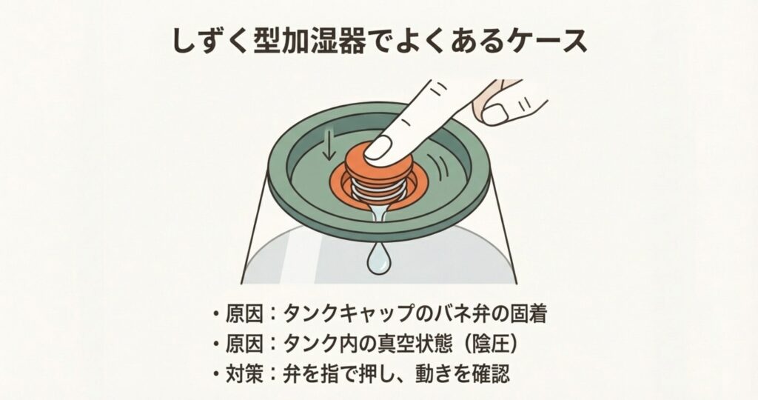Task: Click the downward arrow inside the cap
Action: pos(329,146)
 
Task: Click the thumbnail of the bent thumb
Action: pos(494,115)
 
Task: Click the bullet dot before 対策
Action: pos(215,374)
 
